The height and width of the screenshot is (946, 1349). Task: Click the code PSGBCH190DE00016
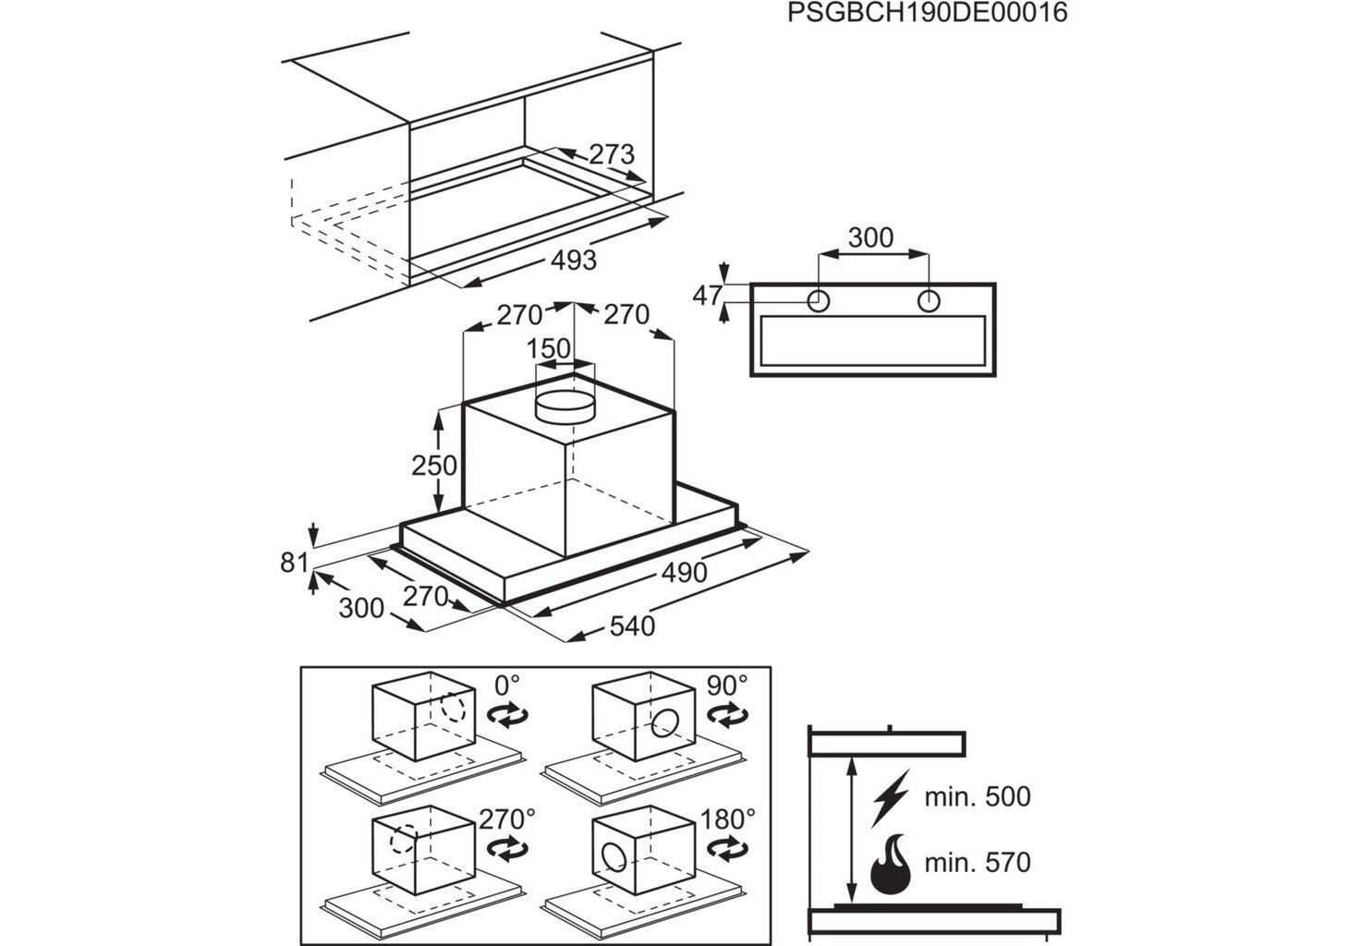(x=928, y=13)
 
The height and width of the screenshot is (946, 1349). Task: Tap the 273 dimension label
(x=612, y=154)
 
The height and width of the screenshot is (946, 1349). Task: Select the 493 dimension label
(x=574, y=261)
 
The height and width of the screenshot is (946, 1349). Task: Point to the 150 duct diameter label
(x=549, y=349)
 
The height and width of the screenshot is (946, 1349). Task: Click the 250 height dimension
(x=434, y=466)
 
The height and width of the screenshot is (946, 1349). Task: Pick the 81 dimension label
(x=294, y=562)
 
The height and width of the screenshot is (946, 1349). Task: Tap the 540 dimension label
(x=632, y=626)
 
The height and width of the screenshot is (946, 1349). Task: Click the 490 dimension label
(x=685, y=573)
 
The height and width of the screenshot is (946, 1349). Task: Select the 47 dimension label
(x=707, y=296)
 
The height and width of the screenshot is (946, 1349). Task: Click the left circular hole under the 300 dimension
(x=819, y=300)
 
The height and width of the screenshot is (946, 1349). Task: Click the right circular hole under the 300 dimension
(x=929, y=300)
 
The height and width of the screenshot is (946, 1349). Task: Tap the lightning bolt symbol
(x=891, y=797)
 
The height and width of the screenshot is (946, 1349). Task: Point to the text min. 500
(x=978, y=797)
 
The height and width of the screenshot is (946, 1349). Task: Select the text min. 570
(x=978, y=863)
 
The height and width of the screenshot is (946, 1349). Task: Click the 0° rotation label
(x=507, y=685)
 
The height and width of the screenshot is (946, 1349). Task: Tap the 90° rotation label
(x=727, y=685)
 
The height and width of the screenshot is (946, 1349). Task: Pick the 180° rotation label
(x=728, y=819)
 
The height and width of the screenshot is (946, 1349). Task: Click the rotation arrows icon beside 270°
(x=507, y=847)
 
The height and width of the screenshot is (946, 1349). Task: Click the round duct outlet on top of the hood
(x=565, y=405)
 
